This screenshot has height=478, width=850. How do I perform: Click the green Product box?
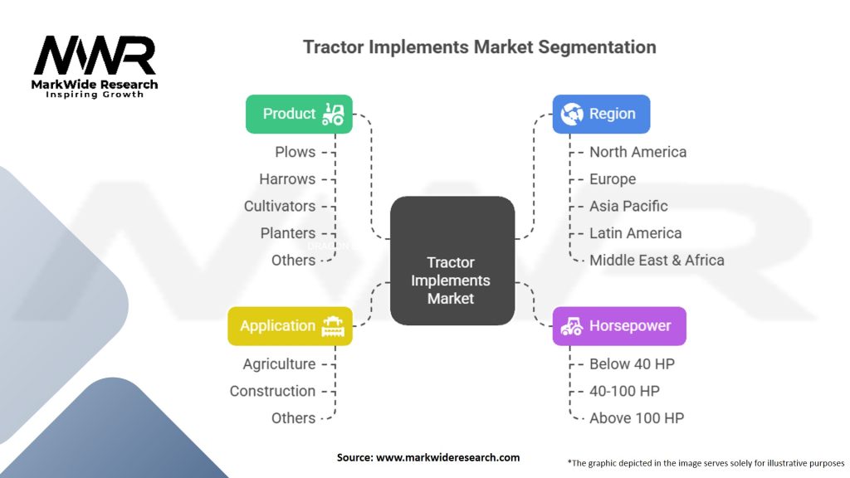coord(299,114)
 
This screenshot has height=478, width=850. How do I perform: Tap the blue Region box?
coord(601,114)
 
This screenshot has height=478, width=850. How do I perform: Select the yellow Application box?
coord(290,325)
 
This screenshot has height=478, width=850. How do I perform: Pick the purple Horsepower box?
coord(619,325)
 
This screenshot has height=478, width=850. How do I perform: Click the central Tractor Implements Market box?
coord(452,261)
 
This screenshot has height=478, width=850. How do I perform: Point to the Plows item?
coord(295,152)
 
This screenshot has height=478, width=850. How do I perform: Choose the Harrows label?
coord(287,179)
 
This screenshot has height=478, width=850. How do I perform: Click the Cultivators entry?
coord(280,206)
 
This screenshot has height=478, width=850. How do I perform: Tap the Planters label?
coord(288,233)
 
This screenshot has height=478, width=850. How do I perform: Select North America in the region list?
coord(638,152)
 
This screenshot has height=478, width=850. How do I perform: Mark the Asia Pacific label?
coord(629,206)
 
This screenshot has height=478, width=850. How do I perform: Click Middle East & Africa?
coord(657,260)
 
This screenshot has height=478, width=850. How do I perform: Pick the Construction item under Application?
coord(272,391)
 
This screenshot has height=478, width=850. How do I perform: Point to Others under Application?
coord(293,418)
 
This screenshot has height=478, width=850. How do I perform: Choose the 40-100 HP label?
coord(624,391)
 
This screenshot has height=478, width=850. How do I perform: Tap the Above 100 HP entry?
coord(637,418)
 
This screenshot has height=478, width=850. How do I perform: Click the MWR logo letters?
coord(95,56)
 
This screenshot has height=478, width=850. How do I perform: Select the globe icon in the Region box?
coord(572,114)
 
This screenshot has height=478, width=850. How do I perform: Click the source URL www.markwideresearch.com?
coord(447,457)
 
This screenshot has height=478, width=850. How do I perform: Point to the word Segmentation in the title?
coord(597,47)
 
